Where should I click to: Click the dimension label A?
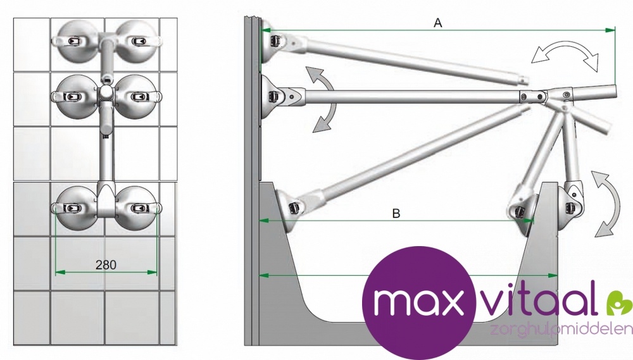tap(437, 23)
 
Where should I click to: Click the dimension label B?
tap(396, 213)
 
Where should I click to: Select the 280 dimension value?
tap(106, 264)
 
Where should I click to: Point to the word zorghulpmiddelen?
tap(561, 329)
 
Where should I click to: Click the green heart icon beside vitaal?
tap(619, 302)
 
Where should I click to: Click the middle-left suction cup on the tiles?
tap(75, 96)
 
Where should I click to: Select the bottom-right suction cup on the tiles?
tap(137, 208)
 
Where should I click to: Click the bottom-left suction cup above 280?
tap(74, 208)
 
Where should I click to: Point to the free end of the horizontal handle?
tap(615, 91)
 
